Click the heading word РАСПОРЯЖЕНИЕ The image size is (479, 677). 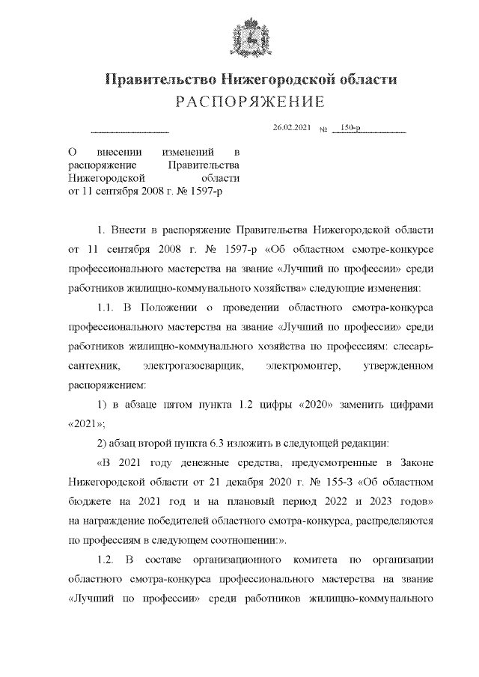pyautogui.click(x=239, y=102)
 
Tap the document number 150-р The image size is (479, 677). pyautogui.click(x=350, y=129)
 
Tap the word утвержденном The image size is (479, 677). pyautogui.click(x=400, y=367)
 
